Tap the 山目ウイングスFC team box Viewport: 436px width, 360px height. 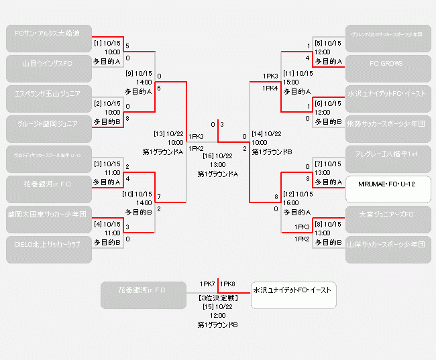pos(48,64)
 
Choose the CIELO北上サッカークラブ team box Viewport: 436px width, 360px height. pos(48,245)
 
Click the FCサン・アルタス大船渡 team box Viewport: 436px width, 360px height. pos(48,34)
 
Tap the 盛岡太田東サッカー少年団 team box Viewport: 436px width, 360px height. pos(48,215)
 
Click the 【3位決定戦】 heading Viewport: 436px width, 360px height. pos(217,298)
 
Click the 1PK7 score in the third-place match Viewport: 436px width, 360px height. pos(207,284)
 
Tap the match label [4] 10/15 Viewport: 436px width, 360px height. pos(107,224)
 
